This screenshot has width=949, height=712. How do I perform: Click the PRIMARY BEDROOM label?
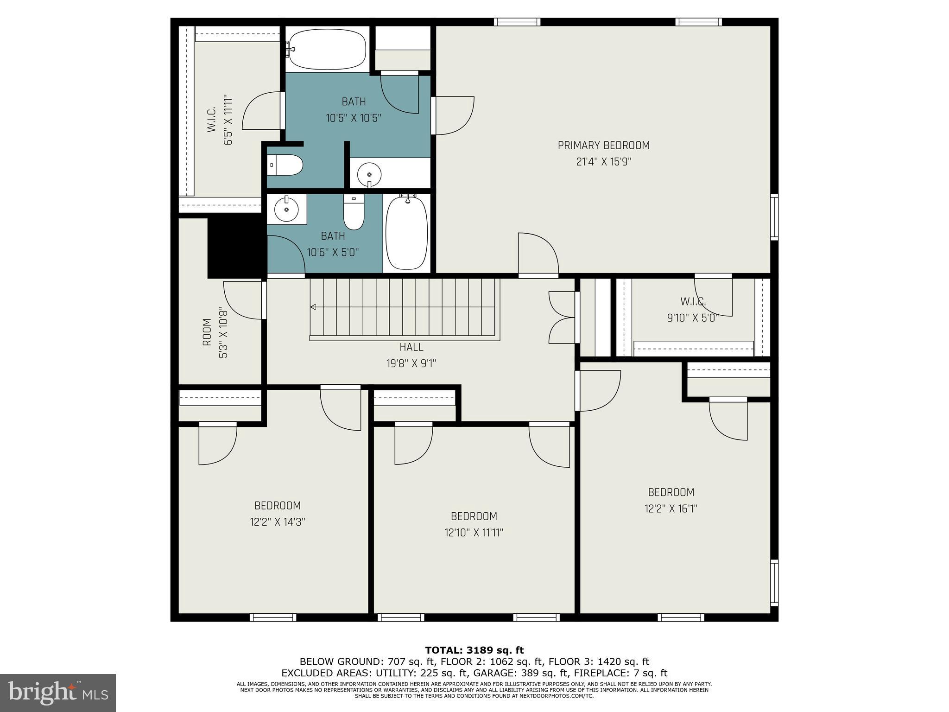(x=603, y=146)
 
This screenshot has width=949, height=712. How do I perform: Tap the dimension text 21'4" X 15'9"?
(x=603, y=162)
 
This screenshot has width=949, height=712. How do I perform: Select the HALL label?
(x=411, y=347)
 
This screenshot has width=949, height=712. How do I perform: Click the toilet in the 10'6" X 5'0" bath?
(x=354, y=212)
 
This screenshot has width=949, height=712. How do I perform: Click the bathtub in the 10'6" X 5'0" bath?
(x=406, y=233)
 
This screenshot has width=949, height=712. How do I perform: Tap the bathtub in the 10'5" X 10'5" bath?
(x=327, y=49)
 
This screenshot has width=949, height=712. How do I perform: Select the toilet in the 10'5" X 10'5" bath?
(x=285, y=165)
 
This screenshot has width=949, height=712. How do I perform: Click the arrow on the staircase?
(x=313, y=307)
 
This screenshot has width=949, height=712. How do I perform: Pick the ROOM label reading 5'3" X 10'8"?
(x=207, y=332)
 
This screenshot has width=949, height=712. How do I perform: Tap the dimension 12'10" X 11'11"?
(x=474, y=533)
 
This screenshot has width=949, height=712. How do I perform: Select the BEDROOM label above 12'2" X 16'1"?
(x=671, y=492)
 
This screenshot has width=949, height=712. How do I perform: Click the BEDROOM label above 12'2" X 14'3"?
(x=277, y=506)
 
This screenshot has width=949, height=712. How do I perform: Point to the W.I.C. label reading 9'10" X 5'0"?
(x=693, y=302)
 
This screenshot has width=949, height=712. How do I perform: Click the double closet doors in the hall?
(x=562, y=318)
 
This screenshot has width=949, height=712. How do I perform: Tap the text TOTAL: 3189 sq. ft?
(x=474, y=650)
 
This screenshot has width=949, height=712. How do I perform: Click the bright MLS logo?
(x=57, y=693)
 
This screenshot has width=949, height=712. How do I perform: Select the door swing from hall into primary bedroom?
(x=538, y=254)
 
